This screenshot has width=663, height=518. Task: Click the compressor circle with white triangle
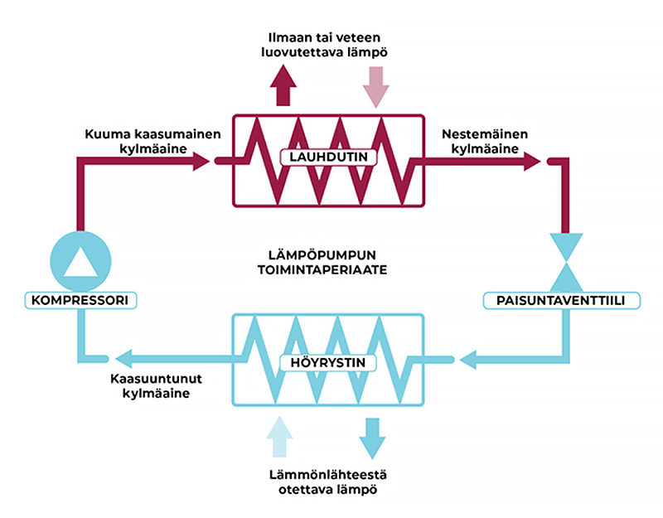tap(80, 259)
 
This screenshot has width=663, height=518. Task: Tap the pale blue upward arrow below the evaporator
tap(281, 436)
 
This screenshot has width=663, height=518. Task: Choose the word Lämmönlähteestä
tap(328, 475)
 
